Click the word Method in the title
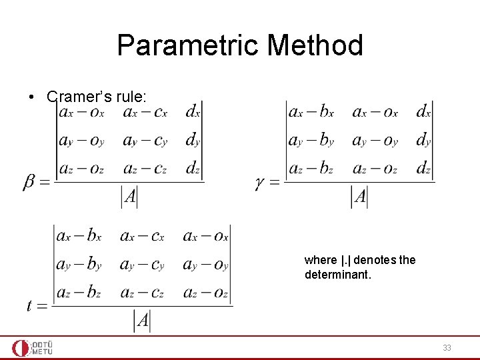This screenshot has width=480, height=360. pyautogui.click(x=315, y=45)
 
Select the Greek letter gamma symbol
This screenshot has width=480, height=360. pyautogui.click(x=261, y=182)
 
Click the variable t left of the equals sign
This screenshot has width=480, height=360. pyautogui.click(x=31, y=306)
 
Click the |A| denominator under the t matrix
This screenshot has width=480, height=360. pyautogui.click(x=142, y=321)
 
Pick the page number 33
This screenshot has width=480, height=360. pyautogui.click(x=447, y=347)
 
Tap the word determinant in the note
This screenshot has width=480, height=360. pyautogui.click(x=335, y=274)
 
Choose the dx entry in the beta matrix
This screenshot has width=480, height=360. pyautogui.click(x=193, y=112)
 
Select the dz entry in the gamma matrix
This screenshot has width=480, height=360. pyautogui.click(x=423, y=168)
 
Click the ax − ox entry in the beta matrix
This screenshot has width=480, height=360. pyautogui.click(x=81, y=112)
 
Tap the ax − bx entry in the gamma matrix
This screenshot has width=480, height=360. pyautogui.click(x=311, y=112)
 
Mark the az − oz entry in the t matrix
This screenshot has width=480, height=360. pyautogui.click(x=205, y=292)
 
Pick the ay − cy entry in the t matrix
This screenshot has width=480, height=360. pyautogui.click(x=142, y=264)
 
